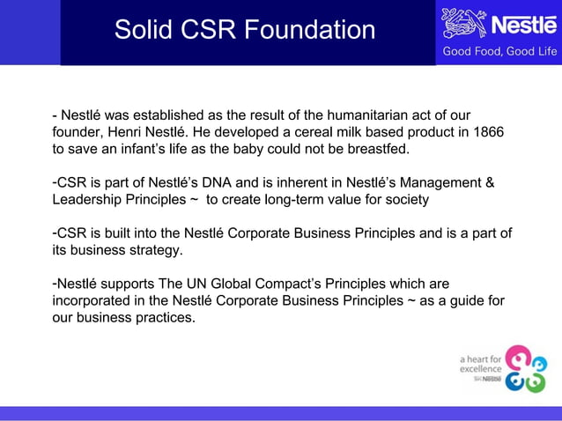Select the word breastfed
pyautogui.click(x=381, y=149)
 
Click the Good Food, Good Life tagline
pyautogui.click(x=499, y=52)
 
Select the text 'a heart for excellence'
pyautogui.click(x=481, y=364)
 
